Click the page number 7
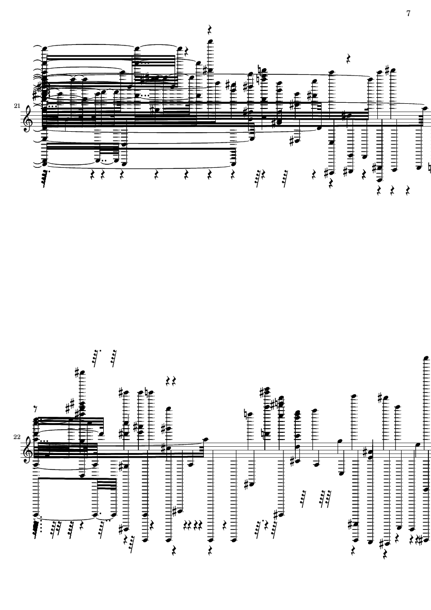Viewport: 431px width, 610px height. (408, 13)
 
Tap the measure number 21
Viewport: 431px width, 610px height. (17, 106)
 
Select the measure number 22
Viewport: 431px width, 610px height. (17, 436)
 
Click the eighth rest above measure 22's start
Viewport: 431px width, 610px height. (36, 409)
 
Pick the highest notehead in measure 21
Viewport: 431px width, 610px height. (210, 42)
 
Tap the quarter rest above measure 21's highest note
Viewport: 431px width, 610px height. (210, 29)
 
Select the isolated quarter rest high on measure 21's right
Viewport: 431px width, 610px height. (348, 59)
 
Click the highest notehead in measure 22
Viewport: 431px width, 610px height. (426, 357)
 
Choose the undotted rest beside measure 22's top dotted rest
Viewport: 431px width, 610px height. (114, 358)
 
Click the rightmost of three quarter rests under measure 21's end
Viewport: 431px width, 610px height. (408, 191)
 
